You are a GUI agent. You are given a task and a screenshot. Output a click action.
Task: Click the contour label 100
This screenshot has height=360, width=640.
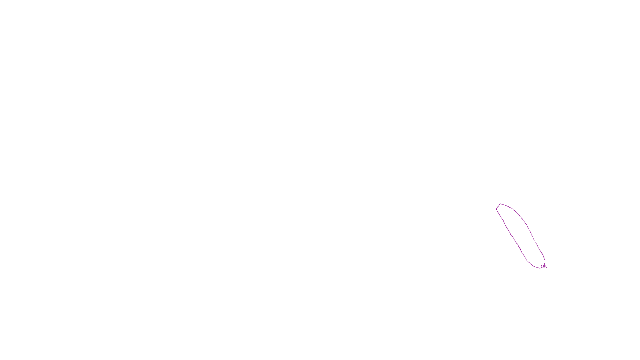pos(544,266)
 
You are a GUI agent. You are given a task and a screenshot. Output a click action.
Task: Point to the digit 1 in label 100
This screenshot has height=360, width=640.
pos(542,266)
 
